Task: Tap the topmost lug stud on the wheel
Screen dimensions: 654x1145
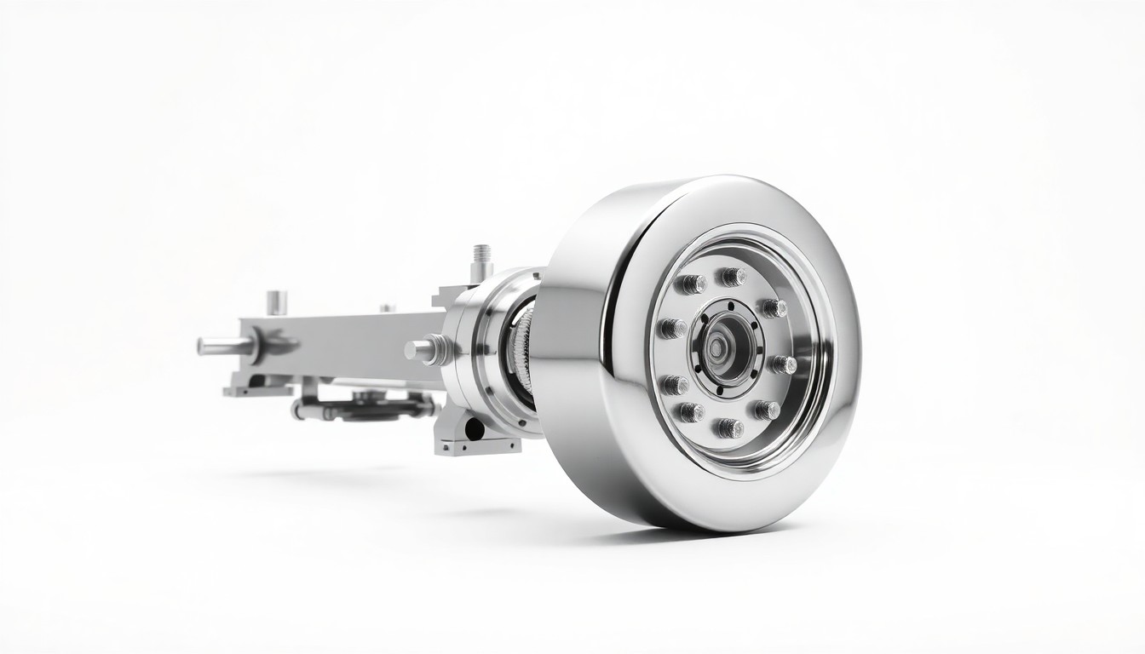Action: [x=731, y=276]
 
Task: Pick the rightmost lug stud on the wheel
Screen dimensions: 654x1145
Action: [x=782, y=365]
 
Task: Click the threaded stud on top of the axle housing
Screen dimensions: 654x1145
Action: [x=481, y=256]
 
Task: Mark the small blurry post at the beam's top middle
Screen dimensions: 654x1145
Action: [x=388, y=308]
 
